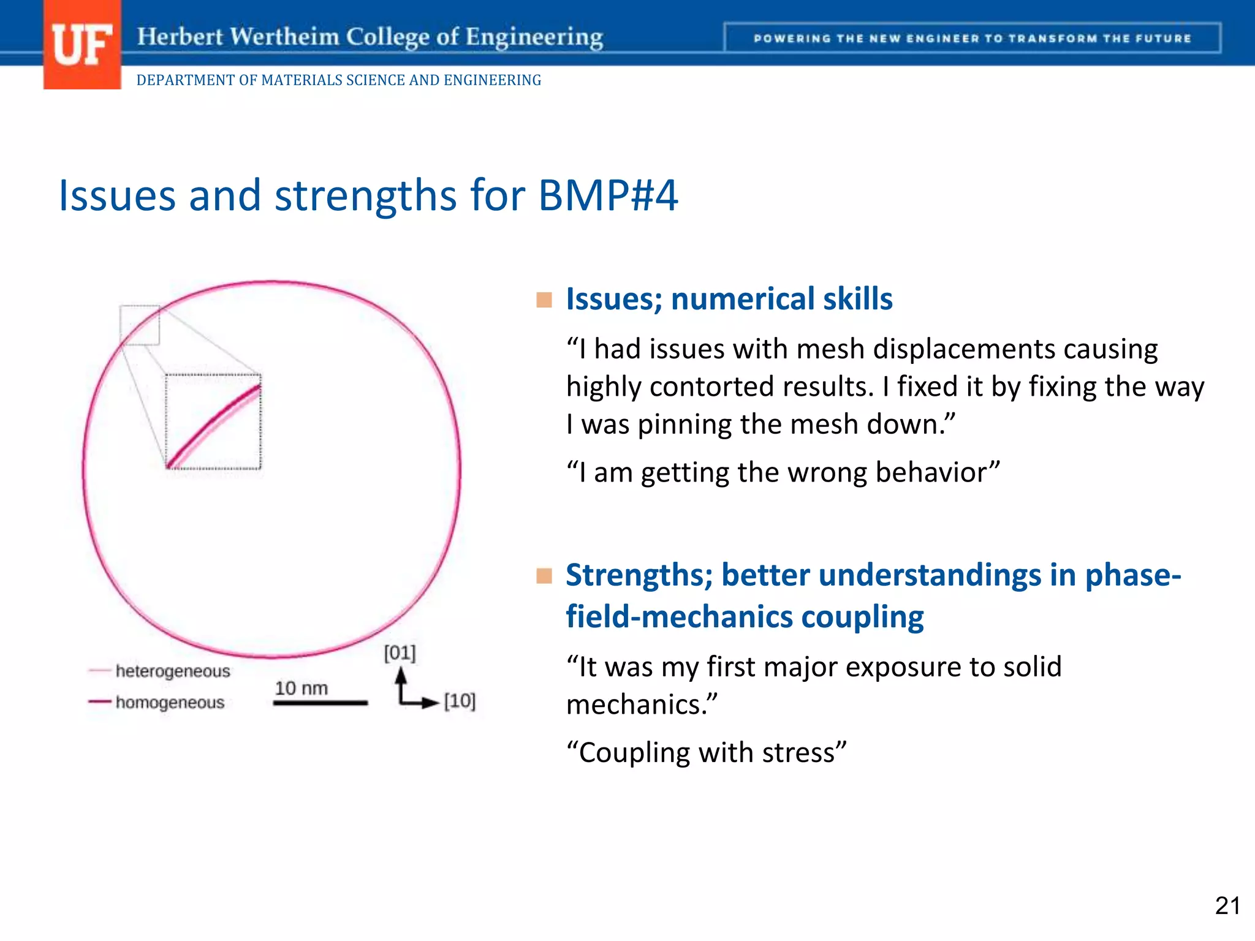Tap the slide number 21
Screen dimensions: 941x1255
[x=1227, y=905]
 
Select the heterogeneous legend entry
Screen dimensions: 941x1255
[x=172, y=671]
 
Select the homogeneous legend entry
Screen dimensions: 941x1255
[x=170, y=702]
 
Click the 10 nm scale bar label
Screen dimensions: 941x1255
[x=301, y=688]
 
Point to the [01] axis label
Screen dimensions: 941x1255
[x=400, y=652]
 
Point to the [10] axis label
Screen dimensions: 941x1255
[x=460, y=700]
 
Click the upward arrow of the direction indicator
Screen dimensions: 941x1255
[x=401, y=679]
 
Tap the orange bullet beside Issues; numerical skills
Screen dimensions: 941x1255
[x=544, y=300]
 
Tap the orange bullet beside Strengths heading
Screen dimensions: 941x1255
[x=544, y=576]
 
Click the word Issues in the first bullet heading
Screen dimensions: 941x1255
[x=613, y=300]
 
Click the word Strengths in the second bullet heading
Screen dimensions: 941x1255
[x=639, y=575]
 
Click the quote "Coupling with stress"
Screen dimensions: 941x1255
[x=706, y=752]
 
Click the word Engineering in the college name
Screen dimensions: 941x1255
[x=534, y=37]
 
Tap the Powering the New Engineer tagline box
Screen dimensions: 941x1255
[x=972, y=39]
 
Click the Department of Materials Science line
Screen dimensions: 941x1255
[x=338, y=80]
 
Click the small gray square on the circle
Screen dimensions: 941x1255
[x=140, y=325]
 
